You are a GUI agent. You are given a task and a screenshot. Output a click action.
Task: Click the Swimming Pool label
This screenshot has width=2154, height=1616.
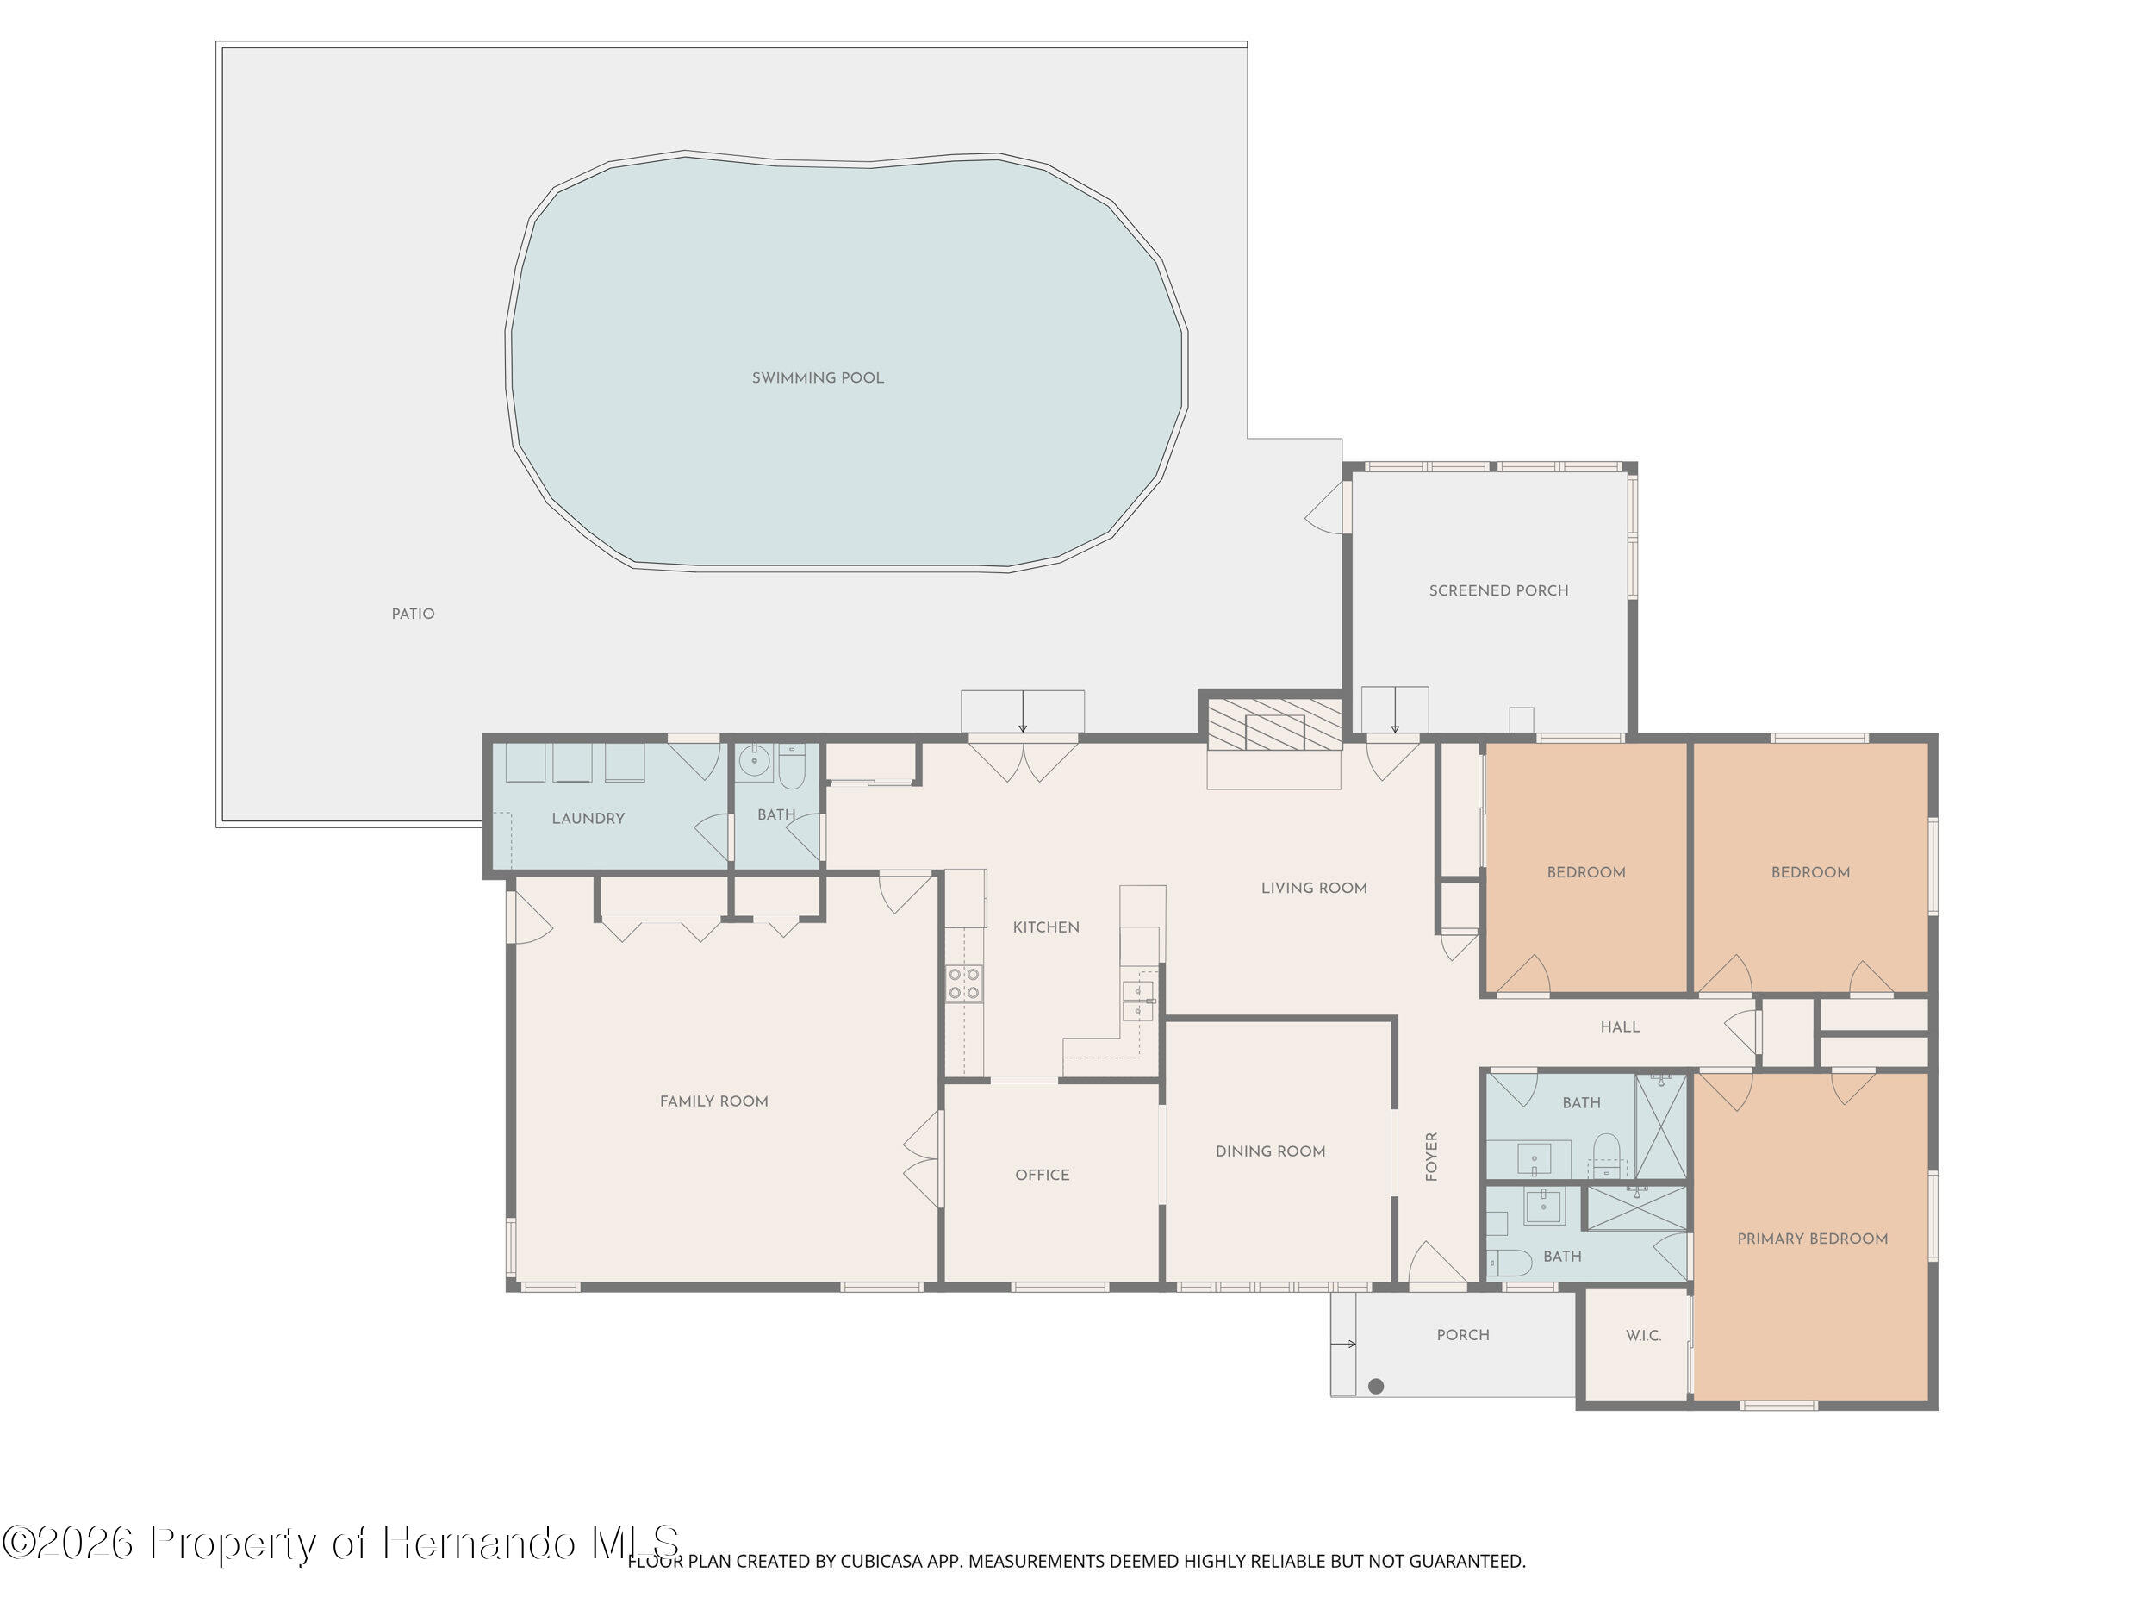[817, 378]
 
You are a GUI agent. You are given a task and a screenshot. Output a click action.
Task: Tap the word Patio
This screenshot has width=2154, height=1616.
[413, 614]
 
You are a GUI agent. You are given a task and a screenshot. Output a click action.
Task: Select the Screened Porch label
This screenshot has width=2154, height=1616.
[1497, 590]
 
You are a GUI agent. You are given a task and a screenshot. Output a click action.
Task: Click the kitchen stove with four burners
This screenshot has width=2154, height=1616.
[964, 984]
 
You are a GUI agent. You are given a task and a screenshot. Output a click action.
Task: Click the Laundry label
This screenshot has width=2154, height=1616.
[588, 818]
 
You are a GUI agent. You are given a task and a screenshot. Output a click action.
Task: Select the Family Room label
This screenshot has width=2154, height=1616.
[713, 1101]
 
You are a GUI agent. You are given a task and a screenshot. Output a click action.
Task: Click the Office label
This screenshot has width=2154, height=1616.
[1042, 1175]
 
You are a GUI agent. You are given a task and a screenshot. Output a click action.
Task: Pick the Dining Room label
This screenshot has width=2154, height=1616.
[1270, 1151]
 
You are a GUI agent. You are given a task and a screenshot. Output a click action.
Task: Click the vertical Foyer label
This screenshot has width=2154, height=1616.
[1431, 1157]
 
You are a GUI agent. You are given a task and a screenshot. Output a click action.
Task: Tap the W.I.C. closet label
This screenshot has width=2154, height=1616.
[1643, 1336]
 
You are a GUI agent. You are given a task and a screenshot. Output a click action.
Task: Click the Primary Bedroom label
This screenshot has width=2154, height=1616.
[1811, 1239]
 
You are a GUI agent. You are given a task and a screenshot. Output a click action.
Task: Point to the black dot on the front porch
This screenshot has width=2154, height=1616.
[1376, 1386]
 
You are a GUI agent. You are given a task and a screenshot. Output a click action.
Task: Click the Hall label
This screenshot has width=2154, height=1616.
[1620, 1026]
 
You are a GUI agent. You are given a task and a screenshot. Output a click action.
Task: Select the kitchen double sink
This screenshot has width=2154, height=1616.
[1137, 1001]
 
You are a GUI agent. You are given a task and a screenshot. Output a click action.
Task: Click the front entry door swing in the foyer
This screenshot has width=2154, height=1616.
[1436, 1263]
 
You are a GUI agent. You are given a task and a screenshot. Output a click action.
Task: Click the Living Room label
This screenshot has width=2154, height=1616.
[1314, 888]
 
